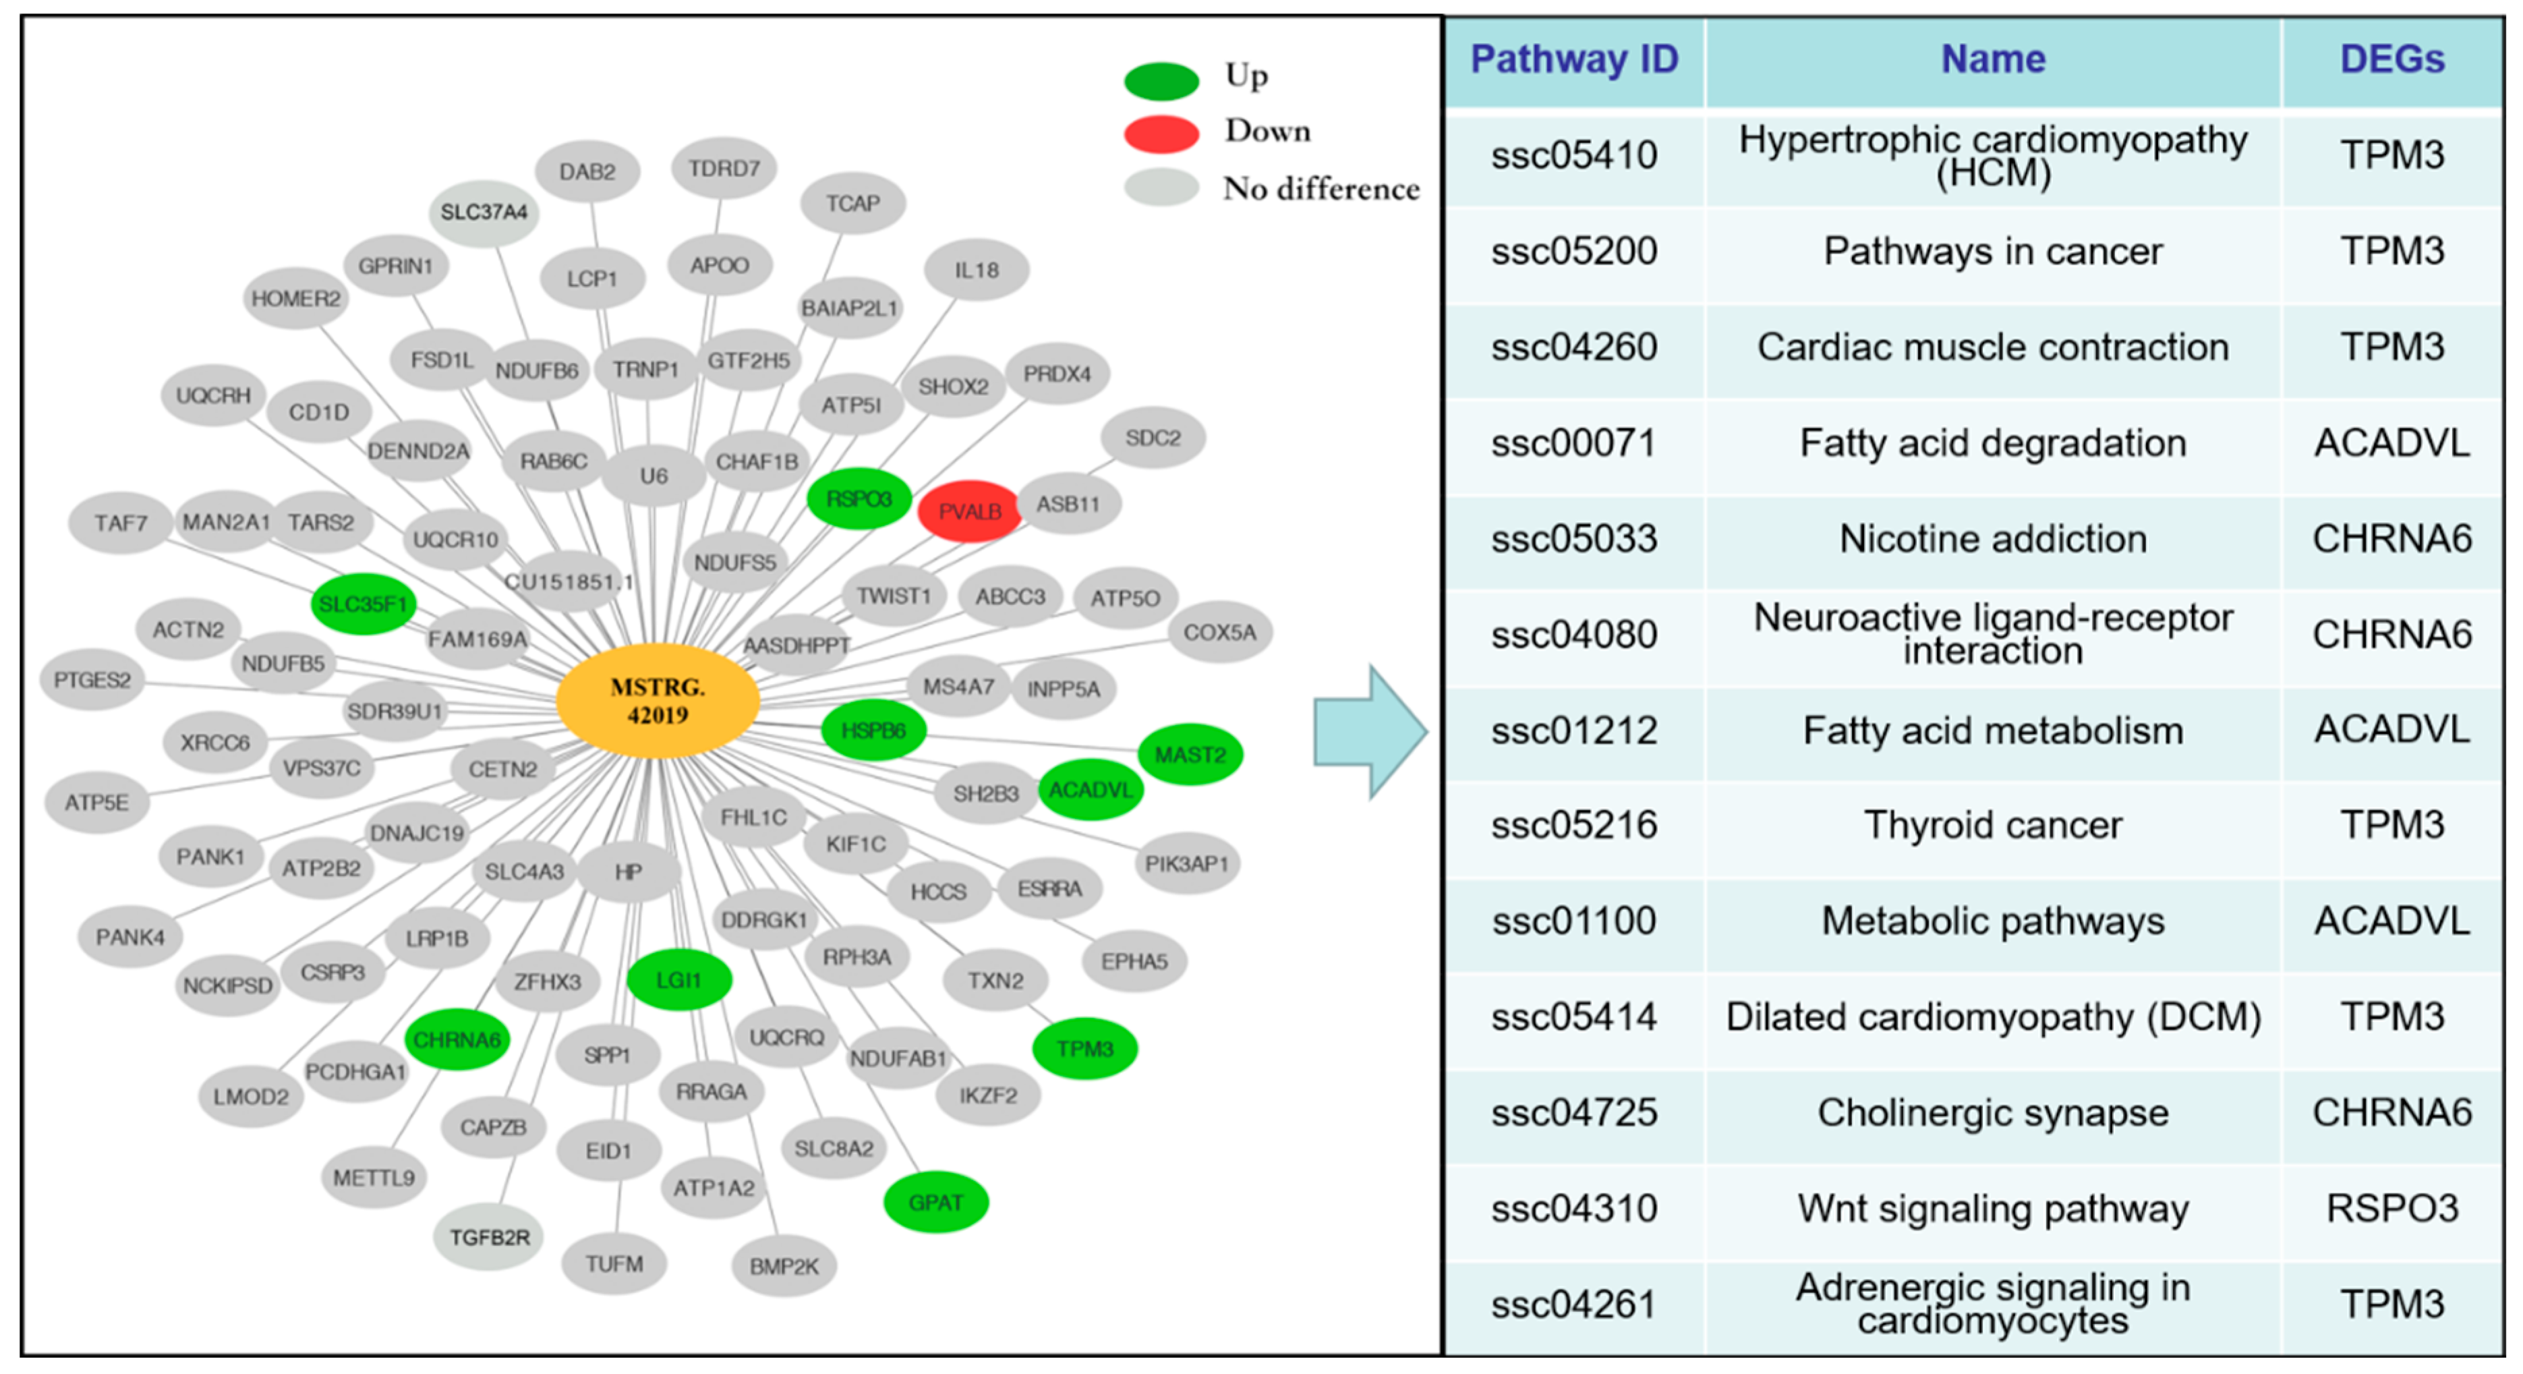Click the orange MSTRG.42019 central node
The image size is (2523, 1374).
(657, 700)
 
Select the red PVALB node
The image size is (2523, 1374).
(970, 511)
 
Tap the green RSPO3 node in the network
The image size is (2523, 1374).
(859, 498)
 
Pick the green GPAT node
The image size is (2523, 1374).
(935, 1201)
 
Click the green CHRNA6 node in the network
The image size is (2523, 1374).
(457, 1039)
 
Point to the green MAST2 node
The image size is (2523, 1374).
(1190, 754)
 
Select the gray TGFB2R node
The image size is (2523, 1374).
(489, 1238)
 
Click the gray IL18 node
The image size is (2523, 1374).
(977, 269)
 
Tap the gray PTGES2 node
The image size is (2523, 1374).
(92, 680)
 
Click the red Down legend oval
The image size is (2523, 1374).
(1161, 133)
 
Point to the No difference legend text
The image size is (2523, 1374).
(1321, 188)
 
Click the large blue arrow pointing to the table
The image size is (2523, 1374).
(1369, 732)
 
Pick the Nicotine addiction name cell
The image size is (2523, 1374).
(1992, 539)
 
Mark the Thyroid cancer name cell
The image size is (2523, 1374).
(1992, 824)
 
